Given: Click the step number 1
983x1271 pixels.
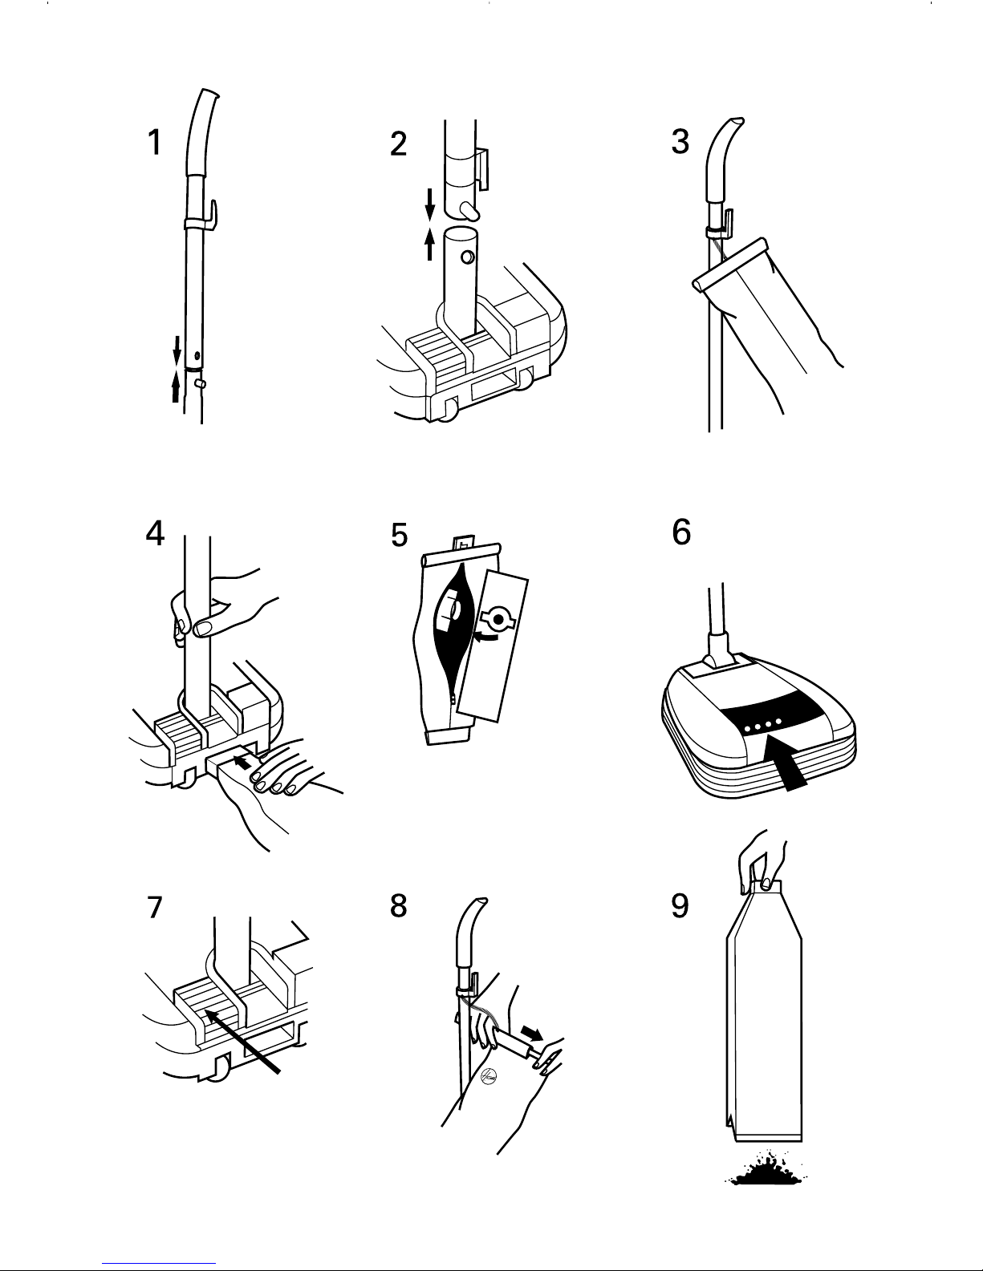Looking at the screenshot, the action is click(x=154, y=143).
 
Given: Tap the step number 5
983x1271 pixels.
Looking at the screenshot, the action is click(x=399, y=535).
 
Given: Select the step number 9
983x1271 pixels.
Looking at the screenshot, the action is click(x=680, y=906).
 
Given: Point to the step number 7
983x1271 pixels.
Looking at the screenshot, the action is click(x=154, y=907).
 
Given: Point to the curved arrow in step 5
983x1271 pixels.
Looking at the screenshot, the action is click(x=488, y=637).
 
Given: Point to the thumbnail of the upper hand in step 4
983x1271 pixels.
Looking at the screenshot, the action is click(x=203, y=628).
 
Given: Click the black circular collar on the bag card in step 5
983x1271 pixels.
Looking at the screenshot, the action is click(x=498, y=619).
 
